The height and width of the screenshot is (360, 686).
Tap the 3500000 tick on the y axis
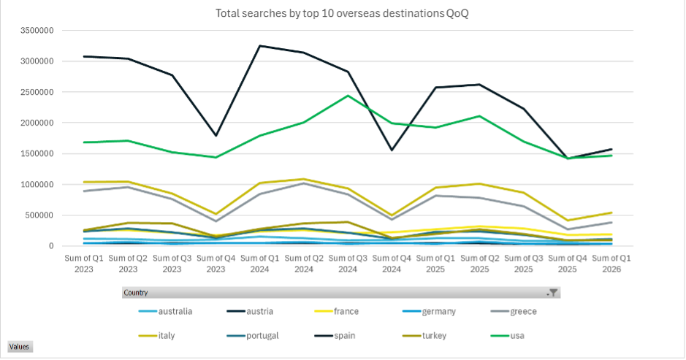(37, 31)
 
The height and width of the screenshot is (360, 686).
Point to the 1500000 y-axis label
(37, 154)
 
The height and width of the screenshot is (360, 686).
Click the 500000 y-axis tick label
(39, 215)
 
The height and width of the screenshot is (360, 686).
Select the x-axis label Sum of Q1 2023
(85, 265)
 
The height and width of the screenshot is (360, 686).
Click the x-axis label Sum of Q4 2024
(392, 265)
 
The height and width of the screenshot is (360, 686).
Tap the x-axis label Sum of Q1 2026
(612, 265)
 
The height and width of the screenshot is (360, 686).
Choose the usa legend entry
(518, 336)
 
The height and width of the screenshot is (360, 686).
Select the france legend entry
(346, 312)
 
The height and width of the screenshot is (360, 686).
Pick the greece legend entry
(524, 312)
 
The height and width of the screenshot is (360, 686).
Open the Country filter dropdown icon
(553, 293)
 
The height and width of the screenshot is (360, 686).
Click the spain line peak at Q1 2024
(260, 46)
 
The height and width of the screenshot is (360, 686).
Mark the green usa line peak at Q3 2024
(348, 96)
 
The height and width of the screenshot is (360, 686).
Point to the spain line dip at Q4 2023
(216, 136)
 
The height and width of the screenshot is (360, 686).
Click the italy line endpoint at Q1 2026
(612, 212)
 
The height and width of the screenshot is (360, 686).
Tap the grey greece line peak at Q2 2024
(305, 183)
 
